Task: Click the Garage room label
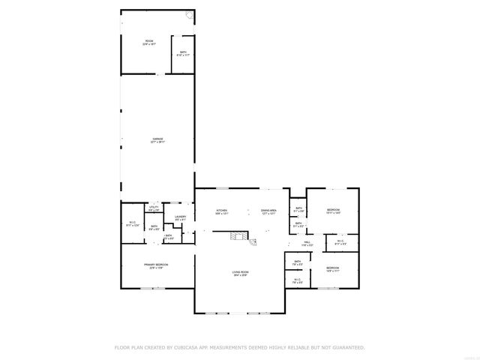(x=157, y=139)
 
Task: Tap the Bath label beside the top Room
(x=183, y=52)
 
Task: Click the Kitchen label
(x=222, y=211)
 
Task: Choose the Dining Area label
(x=268, y=211)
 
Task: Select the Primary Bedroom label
(x=156, y=265)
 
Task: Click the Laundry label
(x=180, y=217)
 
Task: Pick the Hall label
(x=306, y=243)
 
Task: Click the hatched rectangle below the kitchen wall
(x=238, y=238)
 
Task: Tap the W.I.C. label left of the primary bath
(x=132, y=223)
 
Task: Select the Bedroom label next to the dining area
(x=333, y=211)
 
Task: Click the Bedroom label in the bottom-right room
(x=331, y=268)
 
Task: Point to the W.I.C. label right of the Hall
(x=340, y=242)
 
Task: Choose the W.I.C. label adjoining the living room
(x=298, y=280)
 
